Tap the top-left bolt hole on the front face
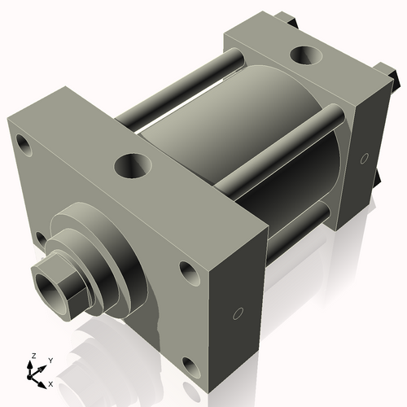(24, 148)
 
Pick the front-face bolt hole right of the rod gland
(187, 271)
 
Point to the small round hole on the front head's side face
(238, 313)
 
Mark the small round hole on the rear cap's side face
(364, 155)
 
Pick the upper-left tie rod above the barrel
(179, 90)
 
